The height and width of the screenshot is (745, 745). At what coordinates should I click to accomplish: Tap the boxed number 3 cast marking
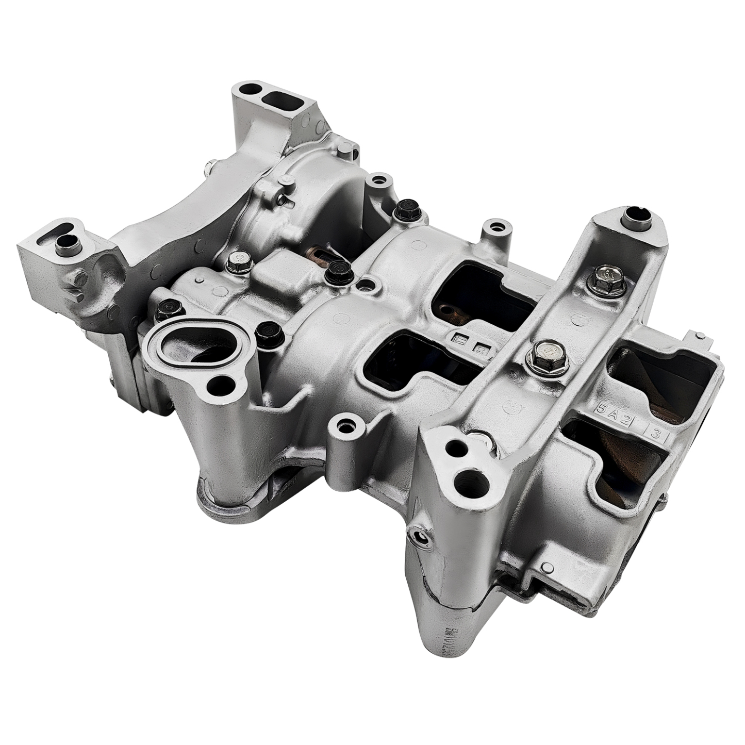pos(656,432)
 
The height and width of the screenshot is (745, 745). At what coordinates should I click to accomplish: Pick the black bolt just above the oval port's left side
pos(169,308)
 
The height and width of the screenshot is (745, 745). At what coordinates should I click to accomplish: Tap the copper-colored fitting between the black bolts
pos(314,255)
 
